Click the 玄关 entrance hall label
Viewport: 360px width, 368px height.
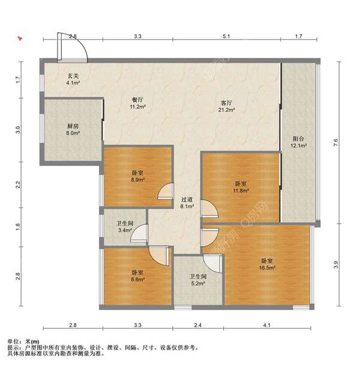coord(73,76)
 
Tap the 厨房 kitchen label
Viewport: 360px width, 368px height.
coord(73,126)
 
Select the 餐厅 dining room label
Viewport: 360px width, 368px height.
coord(138,100)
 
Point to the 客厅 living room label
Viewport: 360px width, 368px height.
coord(227,103)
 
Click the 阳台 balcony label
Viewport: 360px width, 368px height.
coord(298,139)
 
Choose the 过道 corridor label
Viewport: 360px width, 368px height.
coord(187,200)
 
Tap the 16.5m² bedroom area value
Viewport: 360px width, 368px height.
coord(267,268)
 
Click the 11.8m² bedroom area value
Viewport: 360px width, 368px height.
coord(241,191)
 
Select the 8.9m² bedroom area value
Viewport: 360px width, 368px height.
coord(138,180)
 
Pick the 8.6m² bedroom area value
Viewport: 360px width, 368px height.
coord(138,280)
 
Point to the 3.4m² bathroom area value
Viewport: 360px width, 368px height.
coord(125,230)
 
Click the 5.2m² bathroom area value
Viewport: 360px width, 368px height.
coord(198,283)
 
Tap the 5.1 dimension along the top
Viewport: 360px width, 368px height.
coord(226,37)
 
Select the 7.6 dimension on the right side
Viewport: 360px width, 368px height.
coord(336,143)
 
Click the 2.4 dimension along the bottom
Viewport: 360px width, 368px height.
coord(198,325)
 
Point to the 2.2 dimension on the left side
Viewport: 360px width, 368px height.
coord(18,185)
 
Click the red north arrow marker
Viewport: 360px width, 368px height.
coord(20,39)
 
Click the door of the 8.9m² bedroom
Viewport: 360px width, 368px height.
coord(166,191)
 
